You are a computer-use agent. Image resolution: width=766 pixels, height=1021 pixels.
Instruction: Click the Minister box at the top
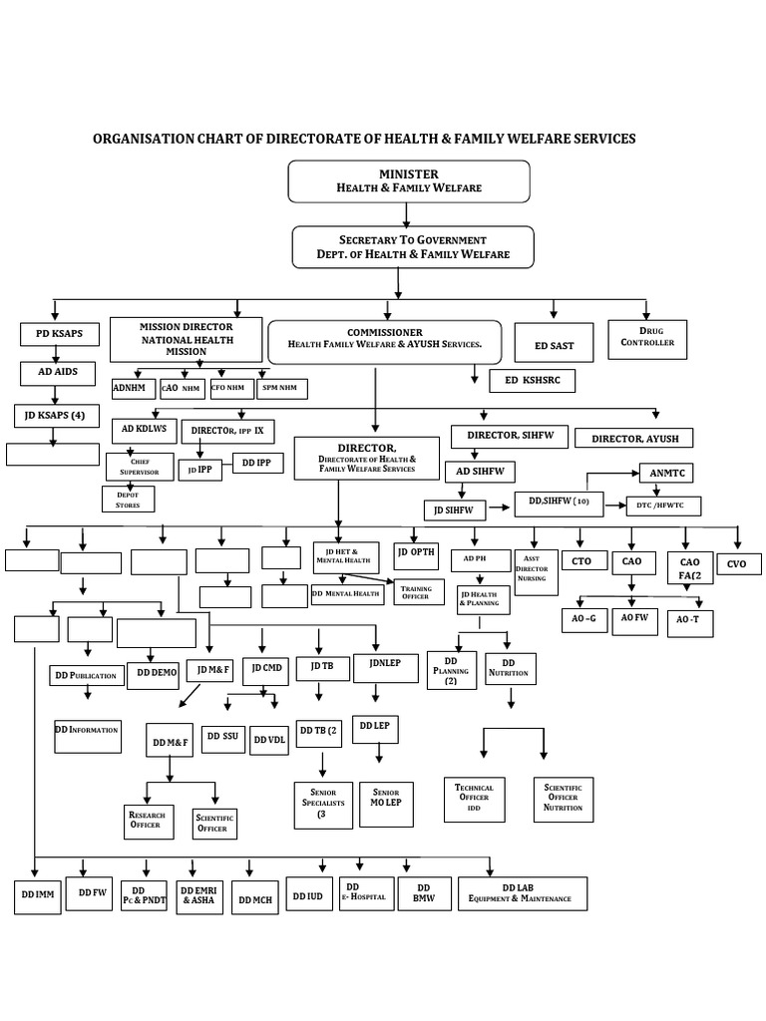[x=408, y=181]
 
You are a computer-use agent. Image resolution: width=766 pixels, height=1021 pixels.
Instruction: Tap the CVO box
[x=736, y=563]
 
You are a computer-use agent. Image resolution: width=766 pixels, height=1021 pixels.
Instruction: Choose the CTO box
[x=581, y=561]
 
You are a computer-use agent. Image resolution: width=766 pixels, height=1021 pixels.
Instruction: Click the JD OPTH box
[x=416, y=552]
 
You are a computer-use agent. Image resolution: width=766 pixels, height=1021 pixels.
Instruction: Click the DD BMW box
[x=423, y=894]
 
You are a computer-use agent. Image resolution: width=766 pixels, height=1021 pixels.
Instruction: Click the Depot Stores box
[x=128, y=498]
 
